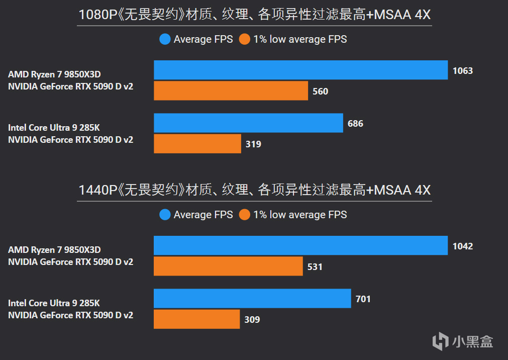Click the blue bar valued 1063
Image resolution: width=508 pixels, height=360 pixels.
pos(300,70)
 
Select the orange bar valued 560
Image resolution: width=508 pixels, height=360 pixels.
pos(231,91)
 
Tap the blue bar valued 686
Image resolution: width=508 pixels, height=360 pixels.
pos(248,123)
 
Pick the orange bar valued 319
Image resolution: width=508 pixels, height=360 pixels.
pos(197,144)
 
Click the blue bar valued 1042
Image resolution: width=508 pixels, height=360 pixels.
pos(300,246)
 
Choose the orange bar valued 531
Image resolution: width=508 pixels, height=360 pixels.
pos(228,266)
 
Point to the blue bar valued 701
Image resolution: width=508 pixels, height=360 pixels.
pos(252,299)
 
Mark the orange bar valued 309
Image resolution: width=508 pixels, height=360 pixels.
pos(196,319)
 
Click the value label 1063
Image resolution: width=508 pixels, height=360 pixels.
pos(462,70)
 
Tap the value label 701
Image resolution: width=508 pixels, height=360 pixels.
pos(363,299)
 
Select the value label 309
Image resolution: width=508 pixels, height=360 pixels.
pos(252,319)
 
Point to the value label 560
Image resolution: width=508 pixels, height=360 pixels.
pos(320,91)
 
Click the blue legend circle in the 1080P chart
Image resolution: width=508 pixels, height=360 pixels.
pos(165,39)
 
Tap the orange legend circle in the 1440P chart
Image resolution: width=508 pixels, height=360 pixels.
pos(245,215)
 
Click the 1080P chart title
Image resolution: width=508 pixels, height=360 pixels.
pos(254,16)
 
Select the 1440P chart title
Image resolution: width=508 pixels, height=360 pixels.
pos(254,191)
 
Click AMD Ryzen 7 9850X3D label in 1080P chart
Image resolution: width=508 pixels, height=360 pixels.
pos(54,74)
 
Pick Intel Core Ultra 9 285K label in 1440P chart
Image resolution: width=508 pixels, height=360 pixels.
pos(54,303)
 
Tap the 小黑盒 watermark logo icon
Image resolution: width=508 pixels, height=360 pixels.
pos(441,341)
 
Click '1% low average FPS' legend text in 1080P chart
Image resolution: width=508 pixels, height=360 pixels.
pos(300,39)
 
